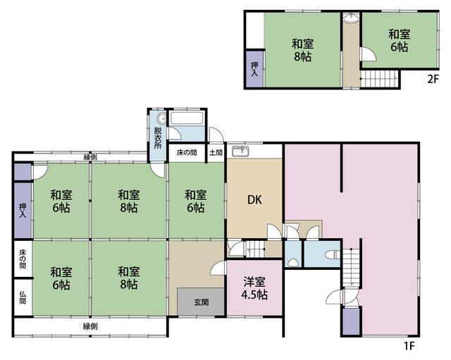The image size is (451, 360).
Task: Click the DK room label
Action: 254,199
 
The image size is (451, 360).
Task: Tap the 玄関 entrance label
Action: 202,302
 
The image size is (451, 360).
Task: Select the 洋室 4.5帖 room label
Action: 254,288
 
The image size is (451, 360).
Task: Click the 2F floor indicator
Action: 433,79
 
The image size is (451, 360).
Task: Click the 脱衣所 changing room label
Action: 158,138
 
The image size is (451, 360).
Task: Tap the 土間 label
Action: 216,152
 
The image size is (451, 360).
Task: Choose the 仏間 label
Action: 23,297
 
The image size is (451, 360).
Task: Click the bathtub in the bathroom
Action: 187,118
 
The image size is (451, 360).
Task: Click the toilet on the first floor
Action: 333,254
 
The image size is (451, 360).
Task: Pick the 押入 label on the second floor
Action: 254,69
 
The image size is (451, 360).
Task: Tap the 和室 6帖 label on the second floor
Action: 400,41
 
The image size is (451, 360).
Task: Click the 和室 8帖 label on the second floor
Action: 302,50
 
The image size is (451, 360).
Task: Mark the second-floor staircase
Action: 379,78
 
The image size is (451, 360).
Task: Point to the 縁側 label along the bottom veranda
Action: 90,326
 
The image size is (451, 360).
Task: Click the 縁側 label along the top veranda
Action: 90,157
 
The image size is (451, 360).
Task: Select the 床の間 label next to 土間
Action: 187,152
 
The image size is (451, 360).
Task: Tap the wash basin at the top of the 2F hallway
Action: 351,18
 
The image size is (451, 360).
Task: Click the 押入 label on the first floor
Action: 23,211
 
